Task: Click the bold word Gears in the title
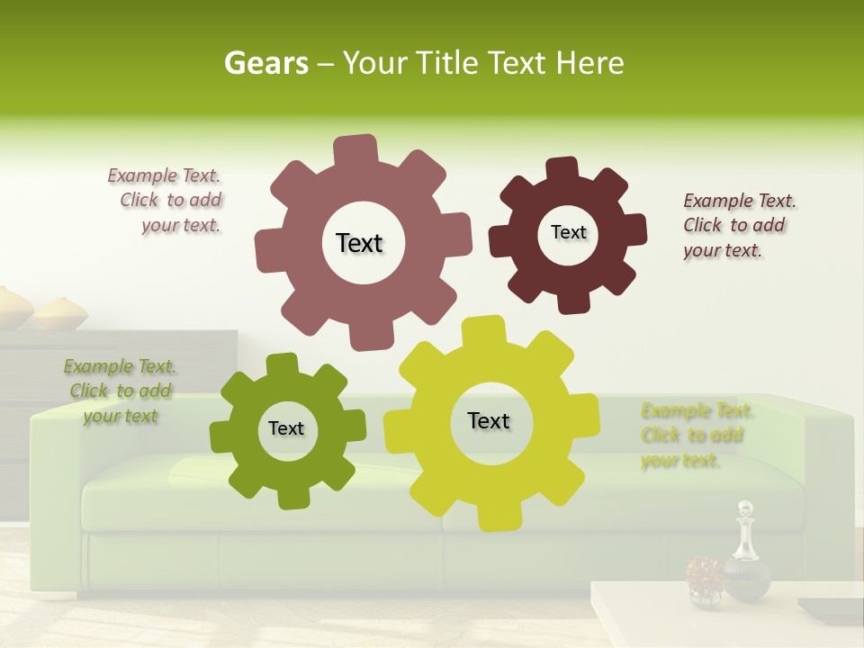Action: pos(266,63)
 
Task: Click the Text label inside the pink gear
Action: pos(359,243)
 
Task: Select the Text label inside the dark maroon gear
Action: pos(568,232)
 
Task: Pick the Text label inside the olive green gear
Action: pos(286,428)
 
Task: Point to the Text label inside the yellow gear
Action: pos(489,420)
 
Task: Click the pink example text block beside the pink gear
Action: pos(167,201)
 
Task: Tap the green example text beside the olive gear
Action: pos(121,391)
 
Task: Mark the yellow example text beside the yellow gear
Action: pos(696,436)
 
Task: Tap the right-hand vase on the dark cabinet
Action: pos(61,313)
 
